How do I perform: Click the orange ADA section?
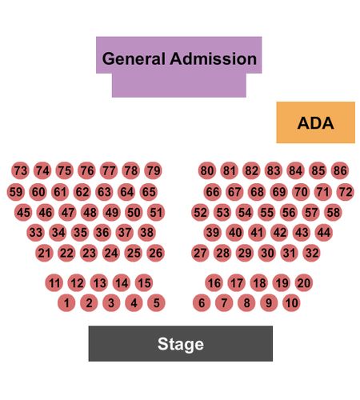315,122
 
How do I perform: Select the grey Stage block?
181,343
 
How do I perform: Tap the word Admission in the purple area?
214,58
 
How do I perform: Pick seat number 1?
66,303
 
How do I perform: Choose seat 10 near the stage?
291,303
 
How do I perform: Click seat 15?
144,283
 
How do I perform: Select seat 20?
304,283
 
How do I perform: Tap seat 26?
156,253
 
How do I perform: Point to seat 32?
312,253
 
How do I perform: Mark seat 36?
102,233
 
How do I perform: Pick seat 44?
324,233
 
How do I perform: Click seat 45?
23,213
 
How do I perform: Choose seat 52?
200,213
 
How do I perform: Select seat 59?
16,192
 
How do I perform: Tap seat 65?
149,192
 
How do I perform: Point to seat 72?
346,192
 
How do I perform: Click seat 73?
21,170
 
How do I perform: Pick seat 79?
154,170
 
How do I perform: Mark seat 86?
340,170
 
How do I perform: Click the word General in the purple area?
134,58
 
